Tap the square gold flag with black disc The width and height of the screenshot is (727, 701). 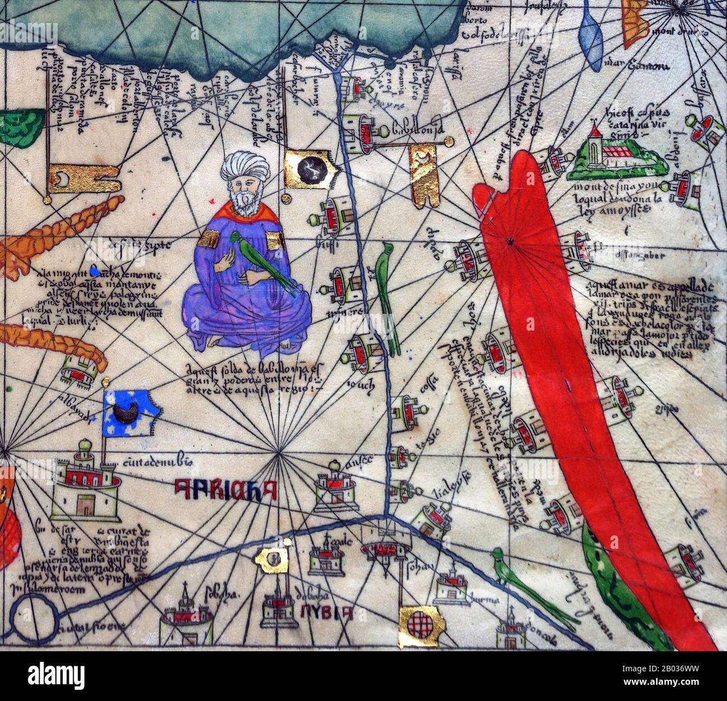308,171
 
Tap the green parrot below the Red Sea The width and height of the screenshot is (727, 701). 531,587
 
